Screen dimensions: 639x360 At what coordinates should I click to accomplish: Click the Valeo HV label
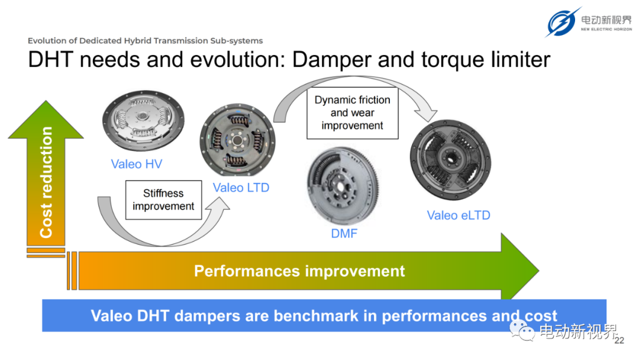pos(137,164)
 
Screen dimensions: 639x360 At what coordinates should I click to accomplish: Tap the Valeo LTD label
pos(241,188)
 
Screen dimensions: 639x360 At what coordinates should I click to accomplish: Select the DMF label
pos(344,233)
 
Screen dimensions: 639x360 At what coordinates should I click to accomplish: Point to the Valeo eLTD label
pos(459,216)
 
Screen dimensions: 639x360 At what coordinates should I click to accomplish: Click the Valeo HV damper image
pos(143,120)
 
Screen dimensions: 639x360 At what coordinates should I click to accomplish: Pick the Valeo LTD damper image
pos(237,140)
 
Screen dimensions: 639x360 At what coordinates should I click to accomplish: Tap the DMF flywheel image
pos(344,186)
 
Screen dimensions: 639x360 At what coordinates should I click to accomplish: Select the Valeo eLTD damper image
pos(450,160)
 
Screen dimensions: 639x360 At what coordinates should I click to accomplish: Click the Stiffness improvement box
pos(163,200)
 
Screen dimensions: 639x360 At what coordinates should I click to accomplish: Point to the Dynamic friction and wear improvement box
pos(353,113)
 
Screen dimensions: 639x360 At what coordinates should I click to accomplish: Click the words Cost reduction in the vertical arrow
pos(46,182)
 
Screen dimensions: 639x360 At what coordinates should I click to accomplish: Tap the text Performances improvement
pos(299,271)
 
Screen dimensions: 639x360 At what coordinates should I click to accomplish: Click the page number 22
pos(619,340)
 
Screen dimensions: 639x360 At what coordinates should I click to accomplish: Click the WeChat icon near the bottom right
pos(522,330)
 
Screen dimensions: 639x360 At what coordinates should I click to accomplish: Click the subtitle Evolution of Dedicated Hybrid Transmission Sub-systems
pos(145,41)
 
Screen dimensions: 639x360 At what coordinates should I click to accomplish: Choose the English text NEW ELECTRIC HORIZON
pos(606,30)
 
